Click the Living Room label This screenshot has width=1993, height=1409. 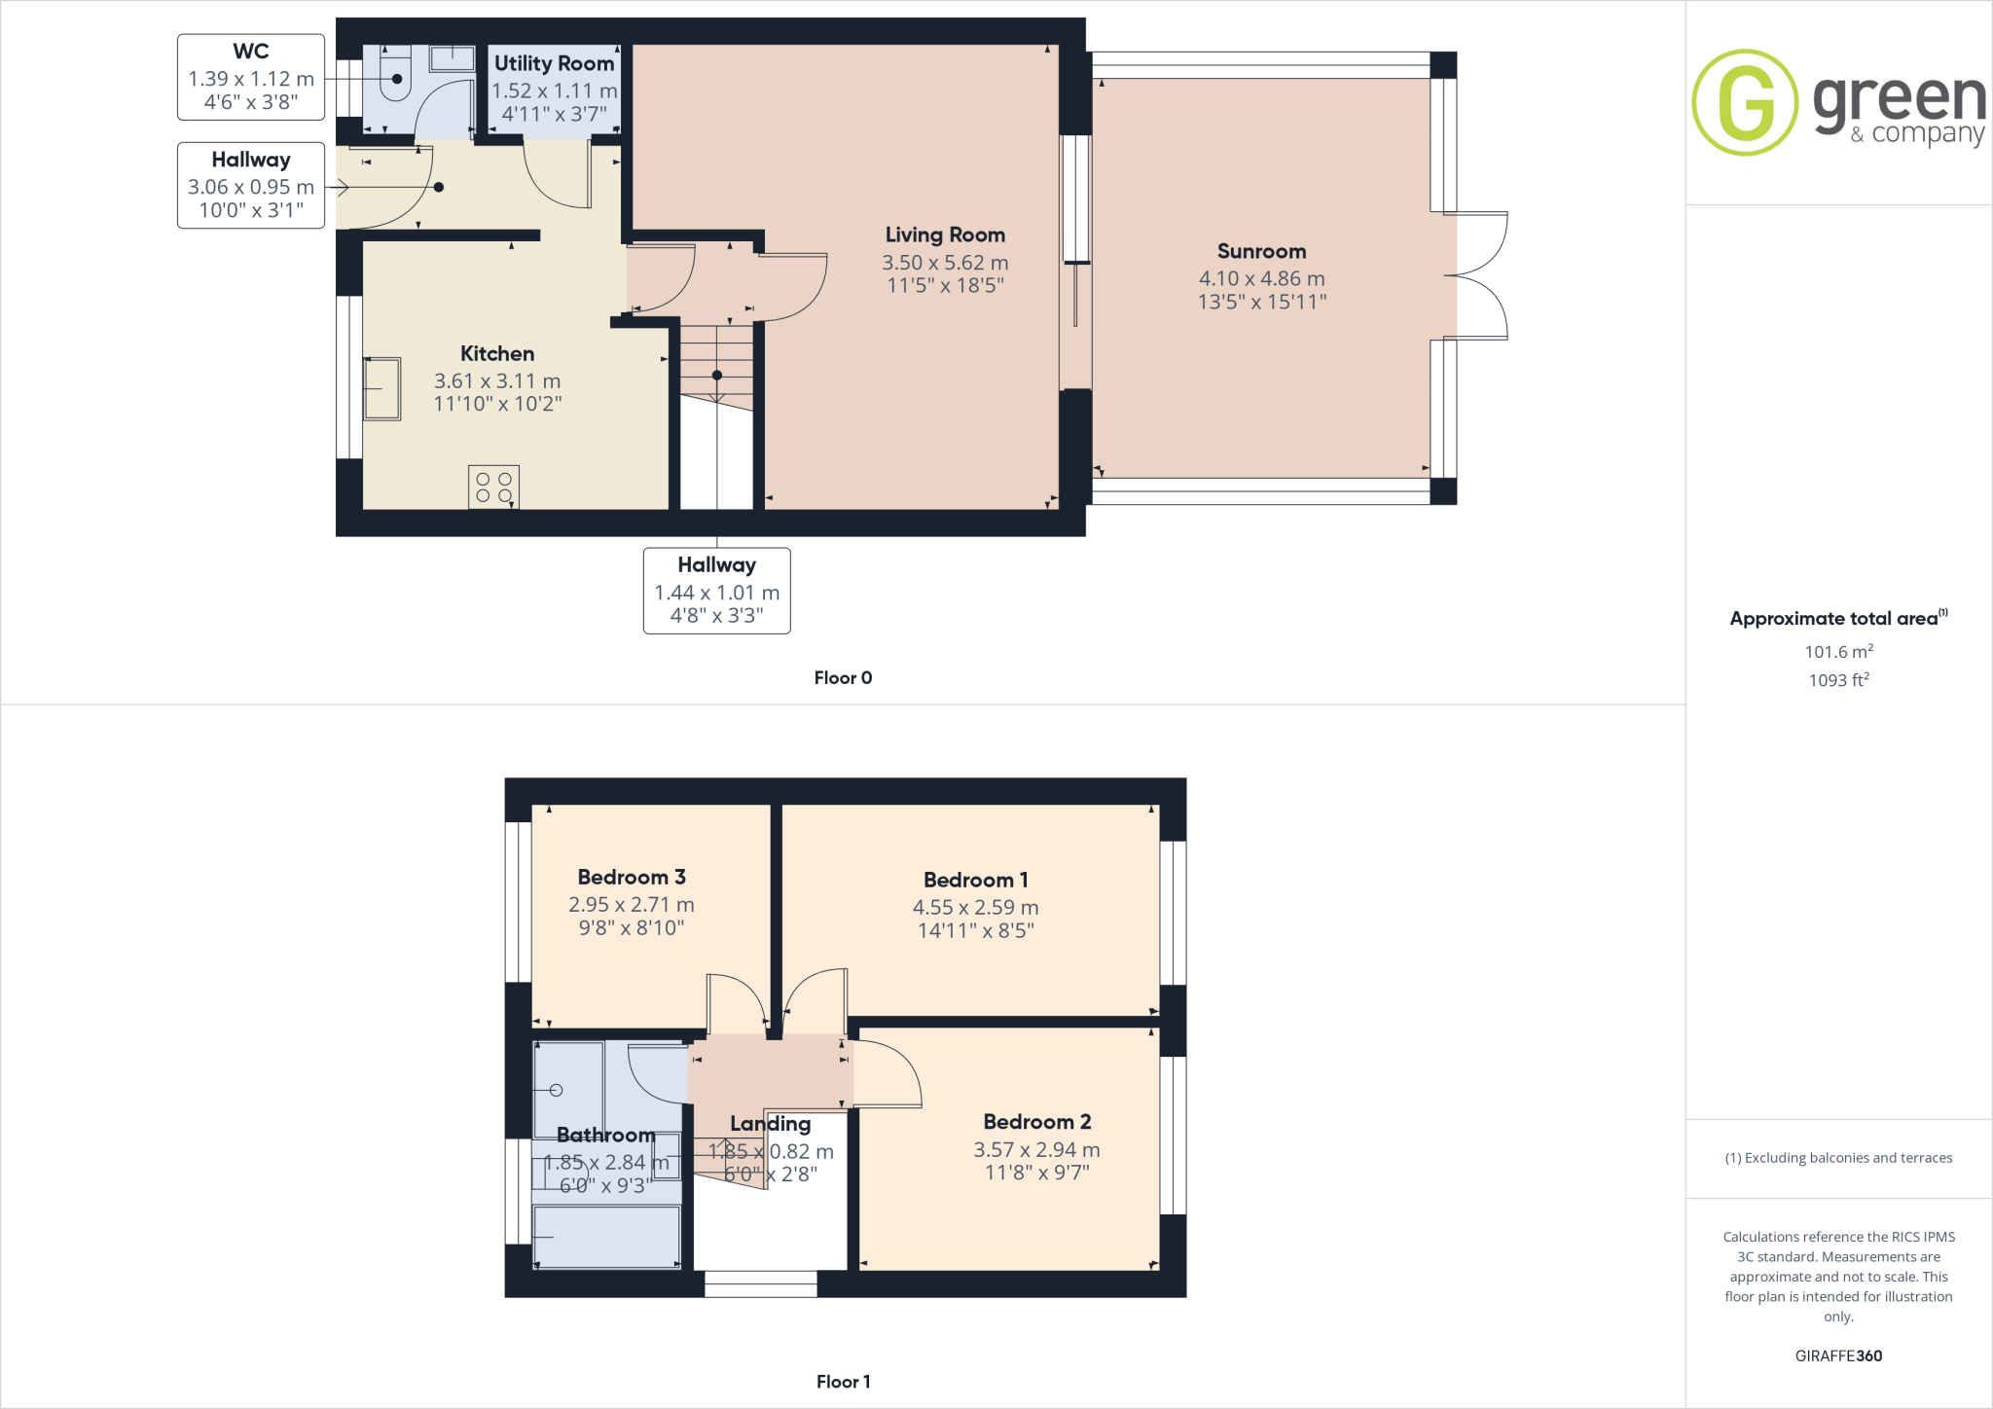[x=945, y=235]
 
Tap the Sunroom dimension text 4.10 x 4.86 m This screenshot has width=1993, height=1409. [x=1261, y=278]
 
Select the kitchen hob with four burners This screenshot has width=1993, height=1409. [x=493, y=487]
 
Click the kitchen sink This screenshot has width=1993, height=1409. [x=381, y=388]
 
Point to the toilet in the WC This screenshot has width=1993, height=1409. [x=396, y=82]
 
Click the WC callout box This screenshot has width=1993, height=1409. [x=251, y=77]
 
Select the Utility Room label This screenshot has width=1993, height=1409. [x=554, y=63]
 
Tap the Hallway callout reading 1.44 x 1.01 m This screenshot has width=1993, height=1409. [x=716, y=591]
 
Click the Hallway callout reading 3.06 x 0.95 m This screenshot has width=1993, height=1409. [x=251, y=186]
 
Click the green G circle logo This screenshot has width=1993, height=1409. [x=1744, y=102]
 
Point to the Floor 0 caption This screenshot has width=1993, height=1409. [x=843, y=678]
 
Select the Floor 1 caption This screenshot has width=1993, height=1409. [x=843, y=1382]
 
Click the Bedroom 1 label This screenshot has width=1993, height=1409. [x=975, y=880]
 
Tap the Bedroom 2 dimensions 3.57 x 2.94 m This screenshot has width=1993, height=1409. [x=1036, y=1150]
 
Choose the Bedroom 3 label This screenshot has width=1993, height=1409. [x=632, y=877]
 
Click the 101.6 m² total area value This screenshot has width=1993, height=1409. [x=1838, y=652]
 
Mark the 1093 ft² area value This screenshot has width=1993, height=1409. [x=1838, y=680]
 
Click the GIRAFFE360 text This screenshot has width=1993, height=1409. [x=1838, y=1355]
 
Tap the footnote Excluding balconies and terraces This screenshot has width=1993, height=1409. [x=1838, y=1158]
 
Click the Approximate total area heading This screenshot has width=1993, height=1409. [x=1834, y=619]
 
